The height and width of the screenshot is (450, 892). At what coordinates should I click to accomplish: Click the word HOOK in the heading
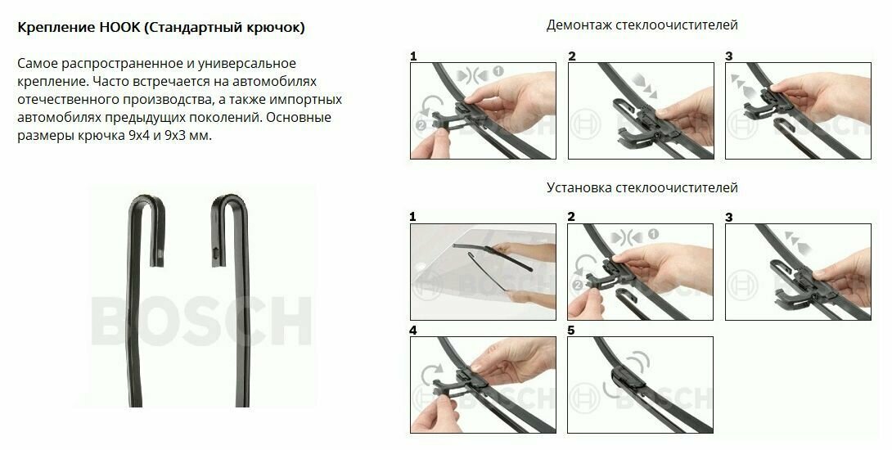point(119,27)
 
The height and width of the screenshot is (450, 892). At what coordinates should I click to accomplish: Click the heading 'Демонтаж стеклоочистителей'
point(642,25)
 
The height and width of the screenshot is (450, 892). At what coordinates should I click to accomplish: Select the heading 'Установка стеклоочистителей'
point(642,187)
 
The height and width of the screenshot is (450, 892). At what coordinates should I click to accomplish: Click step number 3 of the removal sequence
point(728,56)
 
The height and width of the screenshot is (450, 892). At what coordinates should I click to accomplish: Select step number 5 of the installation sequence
point(571,331)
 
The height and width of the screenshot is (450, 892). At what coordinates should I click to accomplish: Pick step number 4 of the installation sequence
point(413,331)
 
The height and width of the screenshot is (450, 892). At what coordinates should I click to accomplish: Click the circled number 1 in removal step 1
point(498,72)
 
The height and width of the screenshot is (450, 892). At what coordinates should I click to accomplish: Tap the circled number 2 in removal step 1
point(421,125)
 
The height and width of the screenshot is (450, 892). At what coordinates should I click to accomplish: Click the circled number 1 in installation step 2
point(653,234)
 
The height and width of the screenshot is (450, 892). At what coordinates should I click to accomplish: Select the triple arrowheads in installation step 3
point(798,242)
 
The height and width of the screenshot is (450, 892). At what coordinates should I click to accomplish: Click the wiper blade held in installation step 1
point(493,257)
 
